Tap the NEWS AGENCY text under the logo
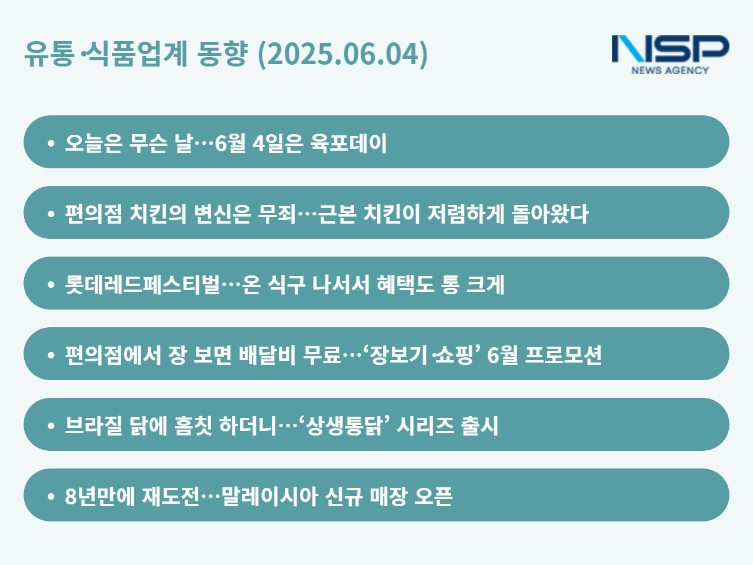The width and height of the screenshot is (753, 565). (x=670, y=70)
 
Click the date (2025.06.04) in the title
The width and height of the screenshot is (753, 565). (x=343, y=54)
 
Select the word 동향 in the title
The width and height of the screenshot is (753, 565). (x=222, y=54)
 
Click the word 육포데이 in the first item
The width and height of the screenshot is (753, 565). (x=348, y=142)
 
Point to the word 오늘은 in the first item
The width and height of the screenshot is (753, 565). (x=94, y=142)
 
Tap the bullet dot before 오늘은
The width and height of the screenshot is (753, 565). (x=51, y=143)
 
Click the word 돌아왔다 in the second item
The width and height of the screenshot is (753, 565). (x=550, y=214)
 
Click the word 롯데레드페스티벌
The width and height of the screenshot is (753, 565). (x=142, y=284)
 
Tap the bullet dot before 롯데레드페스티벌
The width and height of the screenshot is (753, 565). (x=51, y=284)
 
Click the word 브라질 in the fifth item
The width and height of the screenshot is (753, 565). (x=94, y=426)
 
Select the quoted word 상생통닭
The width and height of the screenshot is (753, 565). (x=344, y=426)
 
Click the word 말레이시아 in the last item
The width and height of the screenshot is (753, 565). (x=269, y=496)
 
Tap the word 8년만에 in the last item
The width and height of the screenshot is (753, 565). (x=100, y=496)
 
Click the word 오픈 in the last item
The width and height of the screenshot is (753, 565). (x=434, y=496)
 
